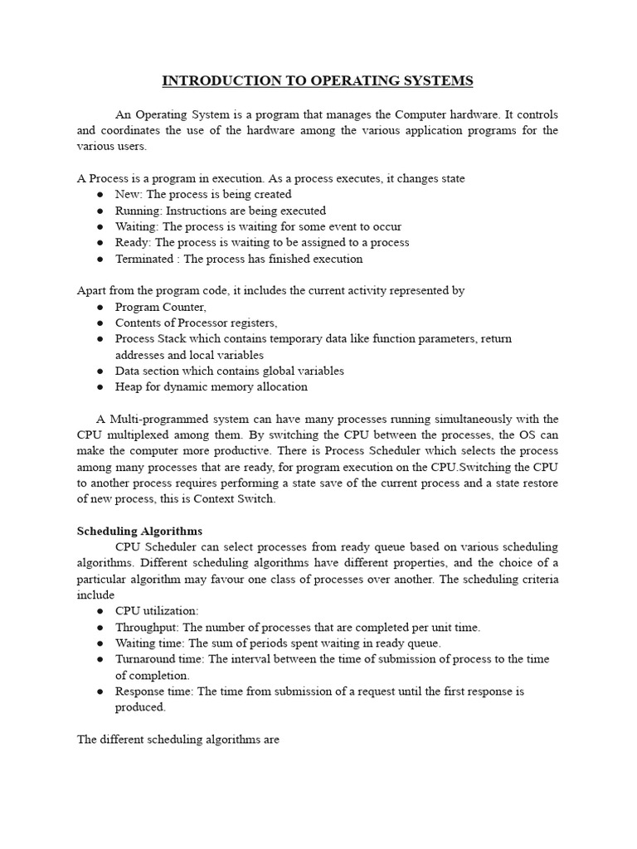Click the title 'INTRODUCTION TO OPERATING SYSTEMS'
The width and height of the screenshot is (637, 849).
tap(318, 80)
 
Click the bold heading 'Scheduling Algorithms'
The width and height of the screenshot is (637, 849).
tap(139, 531)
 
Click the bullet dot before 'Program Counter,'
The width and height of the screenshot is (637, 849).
tap(100, 307)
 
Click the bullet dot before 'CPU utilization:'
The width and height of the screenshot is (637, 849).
tap(100, 611)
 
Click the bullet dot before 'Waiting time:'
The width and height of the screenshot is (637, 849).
tap(100, 643)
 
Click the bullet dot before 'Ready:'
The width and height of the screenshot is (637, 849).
tap(100, 243)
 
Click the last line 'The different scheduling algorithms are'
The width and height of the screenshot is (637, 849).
tap(178, 739)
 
